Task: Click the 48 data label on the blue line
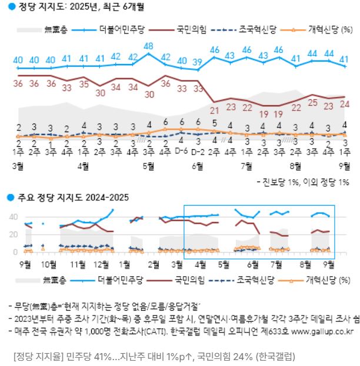click(149, 46)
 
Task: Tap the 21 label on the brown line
click(215, 110)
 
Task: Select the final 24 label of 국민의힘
click(345, 104)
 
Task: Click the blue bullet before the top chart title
click(10, 8)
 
